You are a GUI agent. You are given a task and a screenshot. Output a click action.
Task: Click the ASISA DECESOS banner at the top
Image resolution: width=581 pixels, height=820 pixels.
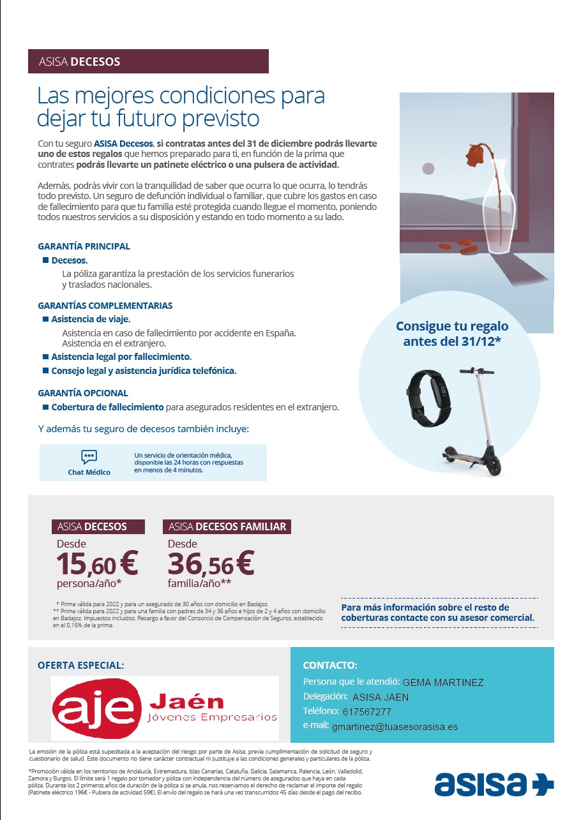(x=148, y=62)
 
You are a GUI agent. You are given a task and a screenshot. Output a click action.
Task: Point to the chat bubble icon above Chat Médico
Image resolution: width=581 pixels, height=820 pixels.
(x=89, y=457)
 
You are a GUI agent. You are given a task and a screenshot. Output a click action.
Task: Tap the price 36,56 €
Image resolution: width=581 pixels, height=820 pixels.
(x=211, y=563)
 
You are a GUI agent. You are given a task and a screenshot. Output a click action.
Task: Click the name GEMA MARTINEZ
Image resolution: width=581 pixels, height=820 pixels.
(x=443, y=682)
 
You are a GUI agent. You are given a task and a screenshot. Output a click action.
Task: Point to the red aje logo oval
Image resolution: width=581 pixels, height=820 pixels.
(x=98, y=708)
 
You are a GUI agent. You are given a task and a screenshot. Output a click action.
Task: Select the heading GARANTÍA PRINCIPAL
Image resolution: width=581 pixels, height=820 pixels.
(x=84, y=246)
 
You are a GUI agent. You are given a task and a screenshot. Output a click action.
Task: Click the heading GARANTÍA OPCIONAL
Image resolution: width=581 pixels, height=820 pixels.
(x=83, y=393)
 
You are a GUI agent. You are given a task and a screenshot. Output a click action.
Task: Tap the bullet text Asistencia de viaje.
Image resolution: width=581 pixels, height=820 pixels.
(x=91, y=319)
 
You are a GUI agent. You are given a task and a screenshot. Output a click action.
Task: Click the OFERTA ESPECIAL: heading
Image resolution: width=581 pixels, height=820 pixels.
(x=81, y=665)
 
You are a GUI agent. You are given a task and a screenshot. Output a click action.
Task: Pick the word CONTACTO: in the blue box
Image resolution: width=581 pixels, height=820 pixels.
(x=330, y=665)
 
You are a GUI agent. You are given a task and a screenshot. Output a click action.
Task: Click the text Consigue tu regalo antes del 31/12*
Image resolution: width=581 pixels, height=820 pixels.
(x=452, y=334)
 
